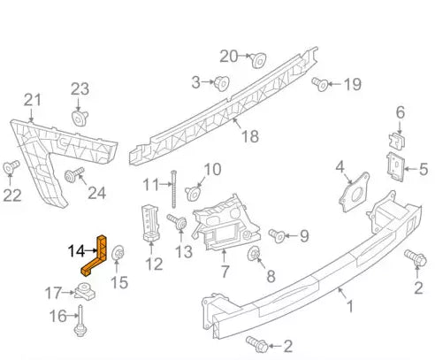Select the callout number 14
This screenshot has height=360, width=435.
[77, 251]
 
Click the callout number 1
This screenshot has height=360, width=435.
[348, 307]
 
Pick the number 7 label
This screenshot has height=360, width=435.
[225, 271]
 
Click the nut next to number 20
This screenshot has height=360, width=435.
[258, 60]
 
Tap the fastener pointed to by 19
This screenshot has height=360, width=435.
[323, 84]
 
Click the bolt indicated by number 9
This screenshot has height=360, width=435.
[277, 235]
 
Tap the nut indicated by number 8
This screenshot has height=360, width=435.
[254, 256]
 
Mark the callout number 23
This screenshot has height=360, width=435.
[80, 88]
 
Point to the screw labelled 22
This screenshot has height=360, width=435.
[11, 166]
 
